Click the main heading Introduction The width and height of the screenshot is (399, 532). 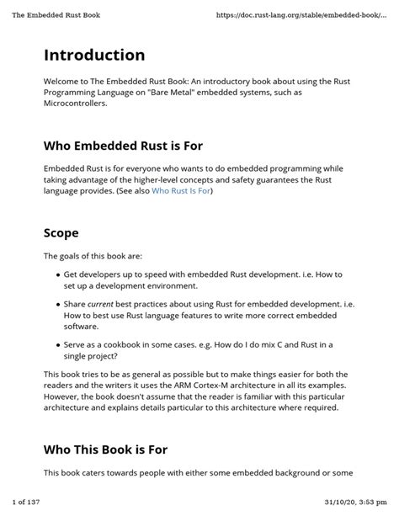[x=94, y=55]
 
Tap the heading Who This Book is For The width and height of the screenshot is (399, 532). [x=105, y=450]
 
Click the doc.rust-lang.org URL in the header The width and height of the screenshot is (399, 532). [x=308, y=14]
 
